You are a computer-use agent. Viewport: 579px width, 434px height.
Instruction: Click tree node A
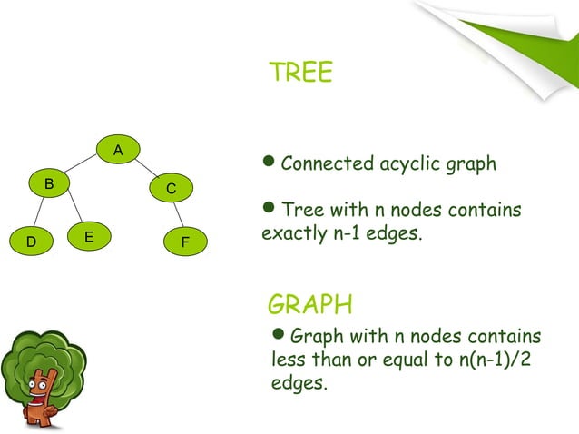(118, 148)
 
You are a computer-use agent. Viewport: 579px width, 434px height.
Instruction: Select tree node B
(50, 183)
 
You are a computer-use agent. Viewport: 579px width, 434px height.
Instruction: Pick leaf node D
(31, 242)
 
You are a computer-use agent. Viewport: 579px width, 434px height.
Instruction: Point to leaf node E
(88, 236)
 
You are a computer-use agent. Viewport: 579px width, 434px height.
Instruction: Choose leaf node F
(185, 242)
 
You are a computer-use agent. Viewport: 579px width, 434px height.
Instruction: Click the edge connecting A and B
(83, 165)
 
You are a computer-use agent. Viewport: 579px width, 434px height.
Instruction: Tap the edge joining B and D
(40, 213)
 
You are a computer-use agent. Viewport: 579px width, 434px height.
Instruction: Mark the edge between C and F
(179, 215)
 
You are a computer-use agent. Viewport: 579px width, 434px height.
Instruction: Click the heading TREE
(300, 73)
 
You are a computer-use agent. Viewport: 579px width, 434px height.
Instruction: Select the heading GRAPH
(311, 302)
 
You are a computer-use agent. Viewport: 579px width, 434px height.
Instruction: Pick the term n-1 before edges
(335, 233)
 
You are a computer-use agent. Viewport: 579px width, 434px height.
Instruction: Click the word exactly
(286, 233)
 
